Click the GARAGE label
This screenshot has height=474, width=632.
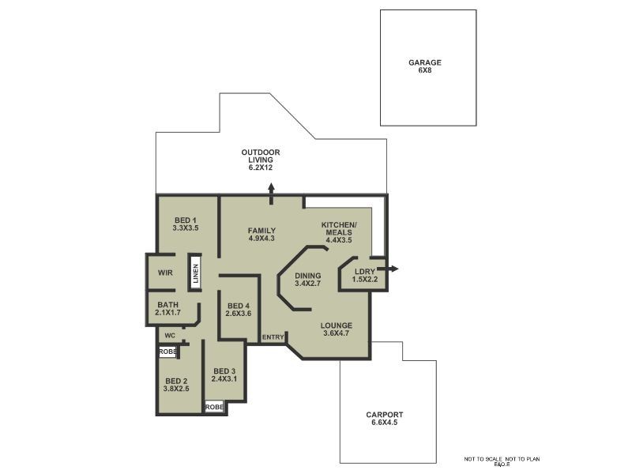[424, 62]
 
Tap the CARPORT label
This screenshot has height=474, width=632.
[385, 415]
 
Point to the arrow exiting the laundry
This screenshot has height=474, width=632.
[392, 269]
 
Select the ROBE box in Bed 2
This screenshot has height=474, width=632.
[167, 352]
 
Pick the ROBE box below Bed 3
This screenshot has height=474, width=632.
[214, 407]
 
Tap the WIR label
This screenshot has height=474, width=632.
[164, 273]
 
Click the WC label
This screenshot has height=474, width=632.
[169, 334]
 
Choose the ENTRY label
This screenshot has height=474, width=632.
[273, 337]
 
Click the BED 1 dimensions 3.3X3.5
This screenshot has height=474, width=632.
[184, 228]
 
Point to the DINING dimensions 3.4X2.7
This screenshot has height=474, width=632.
[308, 283]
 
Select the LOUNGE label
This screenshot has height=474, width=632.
[336, 325]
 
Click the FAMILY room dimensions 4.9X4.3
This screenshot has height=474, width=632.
[261, 239]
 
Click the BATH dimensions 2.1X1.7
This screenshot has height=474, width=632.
[167, 313]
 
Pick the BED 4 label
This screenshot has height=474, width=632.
[238, 306]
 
